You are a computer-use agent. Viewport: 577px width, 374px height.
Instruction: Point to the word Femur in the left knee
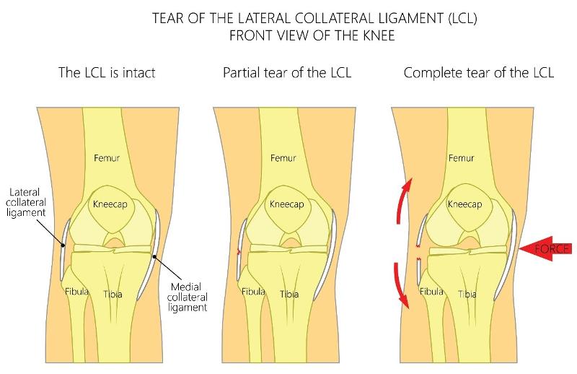106,157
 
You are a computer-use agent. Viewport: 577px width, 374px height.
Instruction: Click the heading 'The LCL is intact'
106,73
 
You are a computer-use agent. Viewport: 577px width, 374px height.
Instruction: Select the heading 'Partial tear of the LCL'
287,73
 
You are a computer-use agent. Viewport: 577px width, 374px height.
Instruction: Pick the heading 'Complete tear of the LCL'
479,73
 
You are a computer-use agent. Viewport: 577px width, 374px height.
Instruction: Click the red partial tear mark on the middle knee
239,252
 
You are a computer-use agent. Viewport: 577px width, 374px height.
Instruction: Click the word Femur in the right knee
462,157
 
